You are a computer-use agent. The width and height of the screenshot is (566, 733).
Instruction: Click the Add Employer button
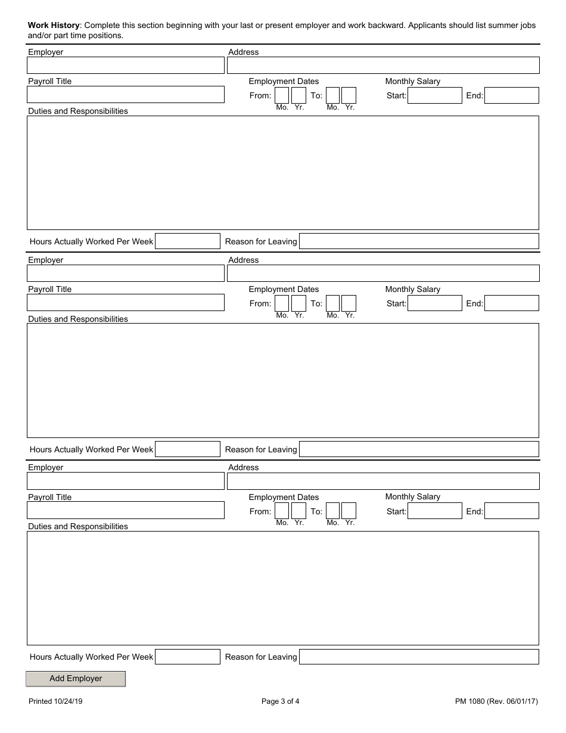[76, 679]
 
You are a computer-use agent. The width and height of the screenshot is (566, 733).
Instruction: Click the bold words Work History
[54, 26]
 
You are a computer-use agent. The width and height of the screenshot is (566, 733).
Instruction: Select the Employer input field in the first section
[126, 65]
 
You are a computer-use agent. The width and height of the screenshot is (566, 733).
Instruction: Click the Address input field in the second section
[383, 273]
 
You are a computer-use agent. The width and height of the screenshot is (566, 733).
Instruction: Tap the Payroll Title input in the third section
[126, 510]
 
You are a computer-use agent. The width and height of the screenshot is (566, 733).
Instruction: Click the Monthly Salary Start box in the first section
[434, 95]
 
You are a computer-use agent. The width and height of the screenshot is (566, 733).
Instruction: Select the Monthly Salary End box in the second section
[511, 303]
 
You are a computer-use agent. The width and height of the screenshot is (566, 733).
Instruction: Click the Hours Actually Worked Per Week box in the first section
[188, 241]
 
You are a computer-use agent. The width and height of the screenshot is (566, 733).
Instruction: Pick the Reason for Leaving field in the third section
[419, 657]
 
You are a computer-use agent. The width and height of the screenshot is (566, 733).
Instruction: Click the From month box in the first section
[282, 95]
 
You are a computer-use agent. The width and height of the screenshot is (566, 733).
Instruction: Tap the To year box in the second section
[349, 303]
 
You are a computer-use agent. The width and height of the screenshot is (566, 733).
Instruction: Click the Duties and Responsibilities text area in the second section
[283, 380]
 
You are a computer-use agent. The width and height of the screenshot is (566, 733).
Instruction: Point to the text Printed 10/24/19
[55, 701]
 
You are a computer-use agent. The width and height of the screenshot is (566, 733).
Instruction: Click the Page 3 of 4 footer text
[281, 701]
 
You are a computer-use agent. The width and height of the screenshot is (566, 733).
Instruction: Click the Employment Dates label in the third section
[284, 497]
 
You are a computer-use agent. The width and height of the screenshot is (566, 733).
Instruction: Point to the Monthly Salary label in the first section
[412, 81]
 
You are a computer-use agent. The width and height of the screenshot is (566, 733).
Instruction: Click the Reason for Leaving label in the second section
[261, 449]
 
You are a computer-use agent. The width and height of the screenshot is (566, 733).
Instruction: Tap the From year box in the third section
[298, 511]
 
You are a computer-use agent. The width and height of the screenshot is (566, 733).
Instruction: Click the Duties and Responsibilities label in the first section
[78, 111]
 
